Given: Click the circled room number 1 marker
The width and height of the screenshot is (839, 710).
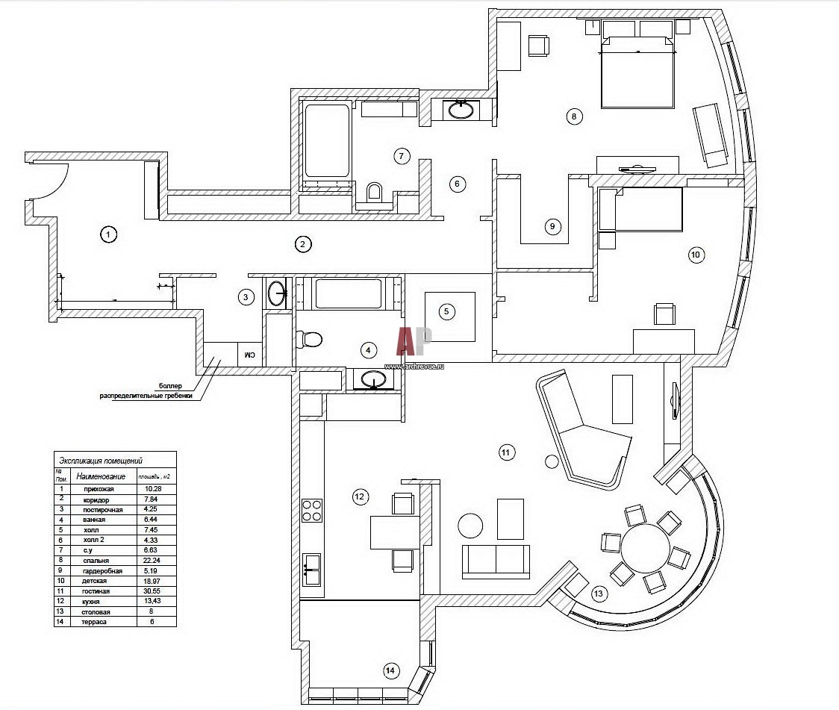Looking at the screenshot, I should [x=109, y=234].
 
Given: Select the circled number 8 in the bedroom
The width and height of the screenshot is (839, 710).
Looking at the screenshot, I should [x=573, y=116].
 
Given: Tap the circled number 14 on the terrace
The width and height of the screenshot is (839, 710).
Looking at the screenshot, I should [x=390, y=671].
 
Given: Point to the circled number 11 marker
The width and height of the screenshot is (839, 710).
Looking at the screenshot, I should [x=505, y=452].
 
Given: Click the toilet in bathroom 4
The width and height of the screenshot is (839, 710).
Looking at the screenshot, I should [x=309, y=340].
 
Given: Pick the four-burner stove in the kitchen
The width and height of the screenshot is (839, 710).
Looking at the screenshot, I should [x=311, y=509].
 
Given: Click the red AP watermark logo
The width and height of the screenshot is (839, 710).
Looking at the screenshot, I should [x=415, y=342].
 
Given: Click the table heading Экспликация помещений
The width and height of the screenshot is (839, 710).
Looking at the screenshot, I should [x=100, y=461].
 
